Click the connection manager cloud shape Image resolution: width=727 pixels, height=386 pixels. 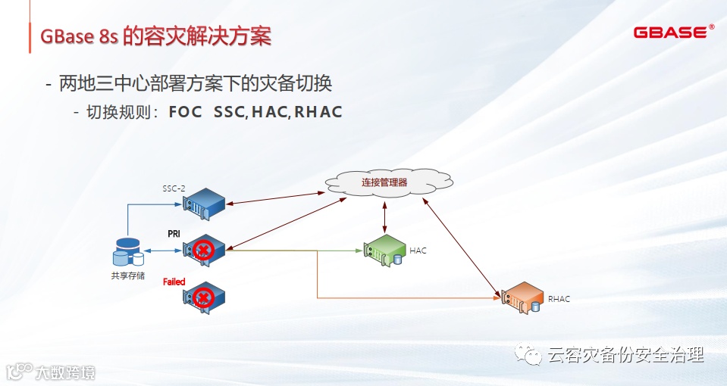(x=384, y=182)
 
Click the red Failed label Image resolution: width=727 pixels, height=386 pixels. (x=174, y=282)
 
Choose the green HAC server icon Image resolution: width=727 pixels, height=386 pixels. (x=384, y=249)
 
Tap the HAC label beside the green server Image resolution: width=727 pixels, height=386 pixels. (x=418, y=251)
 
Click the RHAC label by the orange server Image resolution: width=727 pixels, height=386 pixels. (x=559, y=299)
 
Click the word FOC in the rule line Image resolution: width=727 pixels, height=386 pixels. (x=185, y=112)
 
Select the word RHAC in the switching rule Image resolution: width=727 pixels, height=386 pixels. (x=318, y=112)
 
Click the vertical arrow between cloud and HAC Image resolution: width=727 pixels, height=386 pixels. (x=386, y=216)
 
